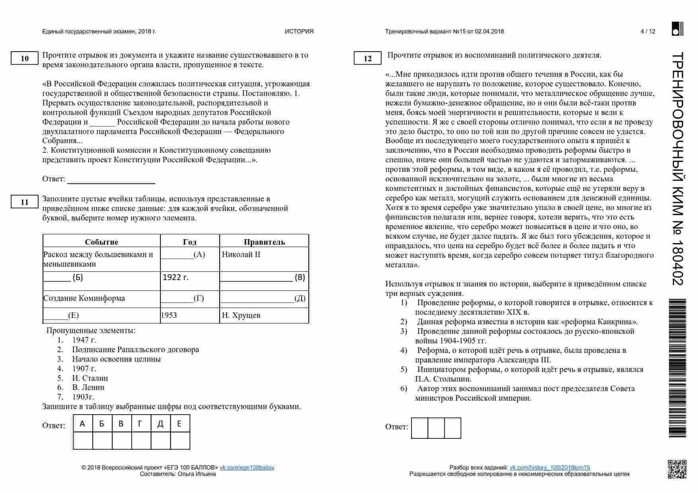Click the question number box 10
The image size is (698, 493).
pyautogui.click(x=24, y=58)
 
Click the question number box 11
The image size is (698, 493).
pyautogui.click(x=24, y=202)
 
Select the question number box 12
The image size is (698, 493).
pyautogui.click(x=367, y=58)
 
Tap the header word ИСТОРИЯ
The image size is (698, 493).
pyautogui.click(x=299, y=31)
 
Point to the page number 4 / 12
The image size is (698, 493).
pyautogui.click(x=647, y=31)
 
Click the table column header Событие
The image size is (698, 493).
pyautogui.click(x=101, y=242)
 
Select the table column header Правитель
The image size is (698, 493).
pyautogui.click(x=264, y=242)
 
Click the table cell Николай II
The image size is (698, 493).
pyautogui.click(x=241, y=255)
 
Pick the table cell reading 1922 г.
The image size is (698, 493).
pyautogui.click(x=175, y=277)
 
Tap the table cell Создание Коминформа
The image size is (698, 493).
pyautogui.click(x=84, y=298)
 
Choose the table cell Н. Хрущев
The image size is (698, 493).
pyautogui.click(x=241, y=316)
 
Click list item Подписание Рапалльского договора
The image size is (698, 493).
pyautogui.click(x=135, y=350)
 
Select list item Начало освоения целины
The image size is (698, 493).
pyautogui.click(x=116, y=359)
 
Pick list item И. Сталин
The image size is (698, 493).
pyautogui.click(x=90, y=378)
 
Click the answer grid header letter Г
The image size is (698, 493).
pyautogui.click(x=140, y=424)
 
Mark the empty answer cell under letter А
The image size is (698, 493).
pyautogui.click(x=83, y=441)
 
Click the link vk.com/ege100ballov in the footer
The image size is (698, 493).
pyautogui.click(x=247, y=468)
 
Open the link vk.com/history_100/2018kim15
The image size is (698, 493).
pyautogui.click(x=550, y=468)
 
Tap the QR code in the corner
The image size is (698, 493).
pyautogui.click(x=677, y=469)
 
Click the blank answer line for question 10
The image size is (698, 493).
pyautogui.click(x=111, y=179)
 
